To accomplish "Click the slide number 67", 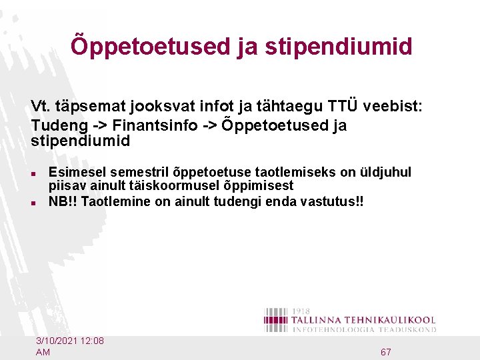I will [385, 351].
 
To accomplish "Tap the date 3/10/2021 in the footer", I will [57, 341].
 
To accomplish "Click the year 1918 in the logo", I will [301, 311].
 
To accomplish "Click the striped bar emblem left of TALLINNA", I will [276, 319].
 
